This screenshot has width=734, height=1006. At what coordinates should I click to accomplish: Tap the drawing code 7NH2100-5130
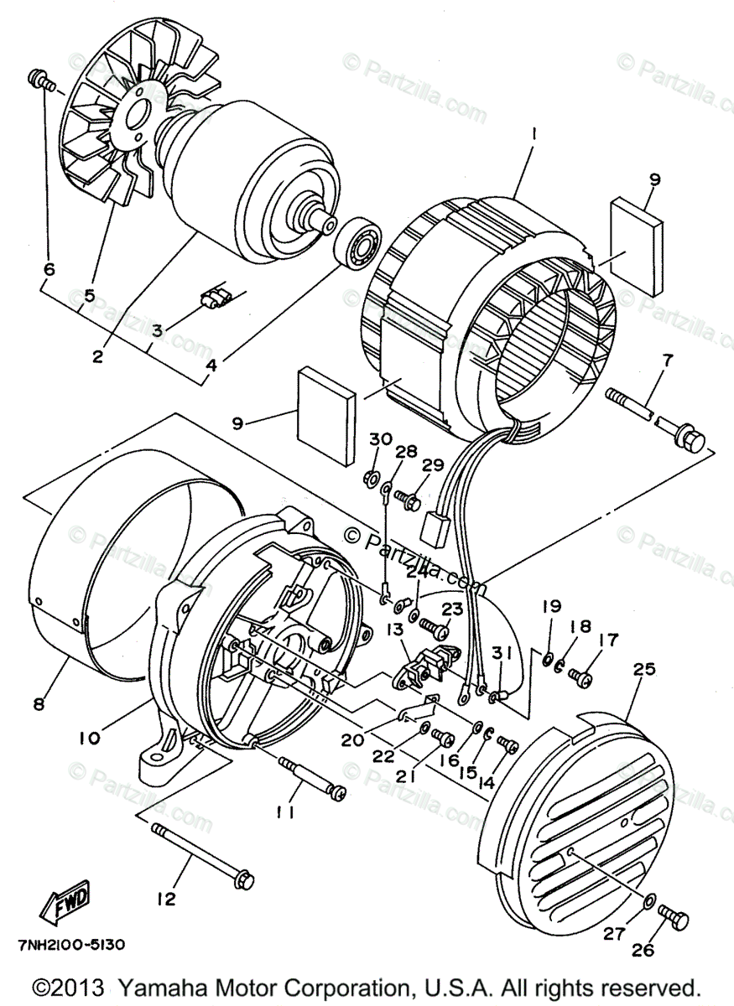point(71,945)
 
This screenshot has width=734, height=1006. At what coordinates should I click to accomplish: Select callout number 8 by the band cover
point(39,704)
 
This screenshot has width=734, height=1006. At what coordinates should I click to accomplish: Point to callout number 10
point(90,738)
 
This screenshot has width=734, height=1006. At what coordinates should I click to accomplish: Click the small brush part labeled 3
point(217,298)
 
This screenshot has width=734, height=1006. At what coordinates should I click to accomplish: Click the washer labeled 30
point(369,479)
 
